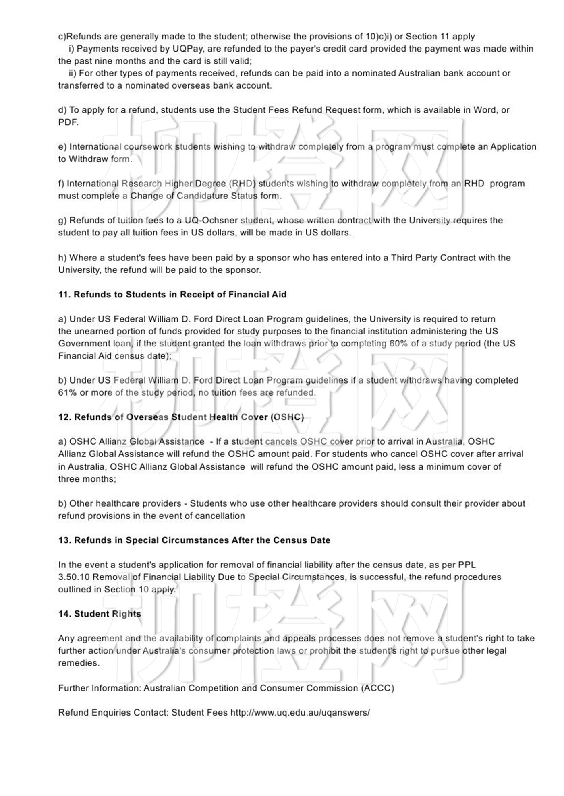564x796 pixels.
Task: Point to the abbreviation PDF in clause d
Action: coord(68,122)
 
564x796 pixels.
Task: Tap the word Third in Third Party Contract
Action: coord(402,258)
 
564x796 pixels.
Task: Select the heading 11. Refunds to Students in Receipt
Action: coord(172,295)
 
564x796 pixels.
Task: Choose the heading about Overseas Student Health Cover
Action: coord(181,417)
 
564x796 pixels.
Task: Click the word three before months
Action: coord(70,479)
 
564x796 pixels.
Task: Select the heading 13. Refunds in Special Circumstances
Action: coord(194,540)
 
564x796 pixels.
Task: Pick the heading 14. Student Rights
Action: coord(100,614)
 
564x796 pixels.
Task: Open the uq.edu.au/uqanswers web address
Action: coord(300,713)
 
